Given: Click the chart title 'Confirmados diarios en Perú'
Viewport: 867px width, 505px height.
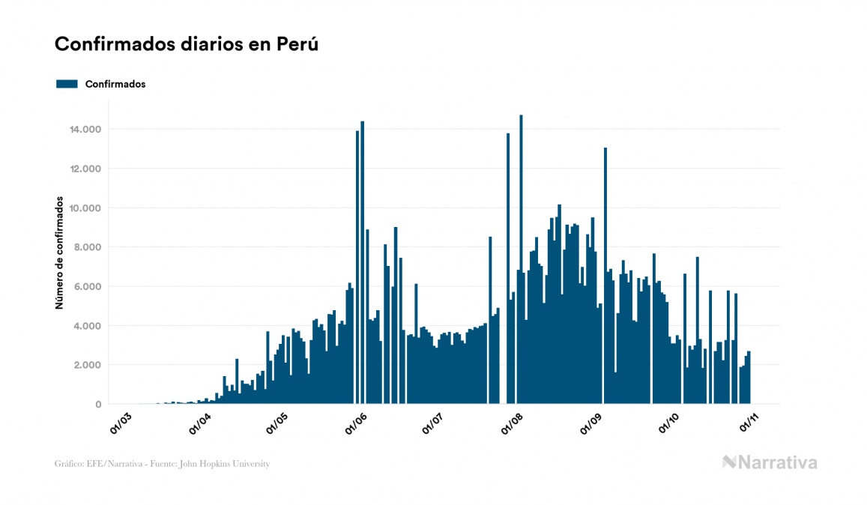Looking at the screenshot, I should click(x=187, y=44).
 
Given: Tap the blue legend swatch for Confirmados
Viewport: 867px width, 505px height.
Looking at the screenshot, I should click(x=67, y=84).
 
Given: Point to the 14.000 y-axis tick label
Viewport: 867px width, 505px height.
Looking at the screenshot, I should click(x=85, y=130).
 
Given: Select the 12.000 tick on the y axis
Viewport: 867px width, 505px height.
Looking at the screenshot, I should click(x=85, y=169).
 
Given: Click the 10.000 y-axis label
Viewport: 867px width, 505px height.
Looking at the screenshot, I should click(x=85, y=208).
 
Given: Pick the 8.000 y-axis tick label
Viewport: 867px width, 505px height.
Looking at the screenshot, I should click(x=88, y=247).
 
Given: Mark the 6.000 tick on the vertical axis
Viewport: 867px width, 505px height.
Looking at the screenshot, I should click(x=88, y=287).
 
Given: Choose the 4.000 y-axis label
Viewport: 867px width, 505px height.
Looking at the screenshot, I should click(x=88, y=326).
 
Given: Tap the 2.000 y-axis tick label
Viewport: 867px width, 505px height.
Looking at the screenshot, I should click(x=88, y=366).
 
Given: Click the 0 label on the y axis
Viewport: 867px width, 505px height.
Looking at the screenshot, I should click(x=97, y=405).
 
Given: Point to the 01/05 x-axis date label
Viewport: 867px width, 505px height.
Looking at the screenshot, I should click(x=277, y=423).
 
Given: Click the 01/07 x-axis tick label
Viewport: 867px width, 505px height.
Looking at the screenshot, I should click(x=435, y=423).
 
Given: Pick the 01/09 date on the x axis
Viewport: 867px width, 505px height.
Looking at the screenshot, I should click(x=592, y=423).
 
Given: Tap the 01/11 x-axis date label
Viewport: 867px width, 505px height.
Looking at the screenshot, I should click(x=750, y=423).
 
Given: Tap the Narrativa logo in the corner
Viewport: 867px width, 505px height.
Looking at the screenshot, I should click(x=770, y=462).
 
